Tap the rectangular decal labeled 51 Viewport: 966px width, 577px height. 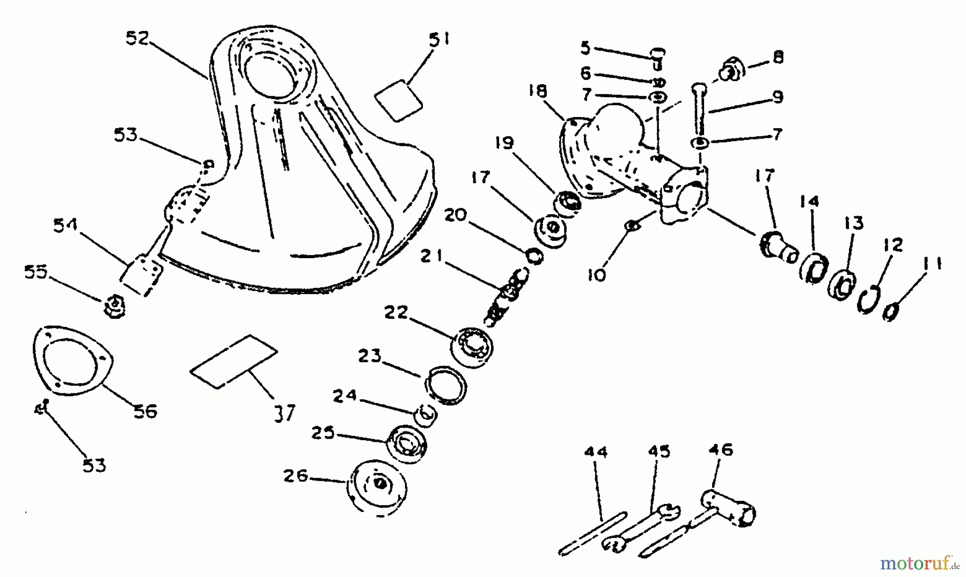point(398,100)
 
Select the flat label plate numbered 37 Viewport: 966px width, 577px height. point(234,361)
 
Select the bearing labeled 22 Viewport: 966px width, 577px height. point(472,346)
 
